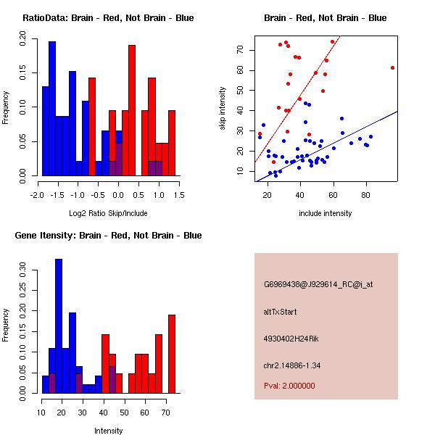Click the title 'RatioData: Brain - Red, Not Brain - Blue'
[x=108, y=17]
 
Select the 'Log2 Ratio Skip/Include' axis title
[x=108, y=213]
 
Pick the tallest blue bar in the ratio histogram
[x=52, y=109]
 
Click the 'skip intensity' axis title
[x=223, y=109]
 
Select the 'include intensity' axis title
[x=326, y=213]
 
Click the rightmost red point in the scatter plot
[x=392, y=67]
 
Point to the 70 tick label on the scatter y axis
[x=240, y=49]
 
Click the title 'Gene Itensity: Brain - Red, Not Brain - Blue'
[x=108, y=235]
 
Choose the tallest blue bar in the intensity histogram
[x=59, y=326]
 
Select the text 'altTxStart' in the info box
[x=281, y=312]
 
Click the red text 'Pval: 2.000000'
[x=289, y=386]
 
